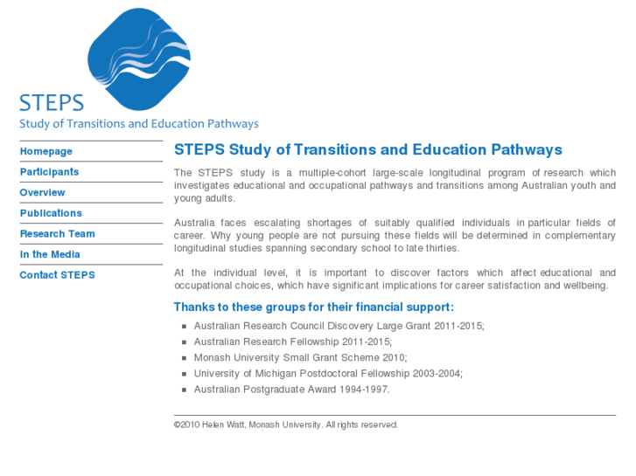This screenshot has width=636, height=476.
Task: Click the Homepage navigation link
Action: (46, 151)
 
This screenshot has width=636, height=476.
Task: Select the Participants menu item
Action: (49, 172)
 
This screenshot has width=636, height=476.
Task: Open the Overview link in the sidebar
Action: (42, 192)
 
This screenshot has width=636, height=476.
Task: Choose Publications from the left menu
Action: (51, 213)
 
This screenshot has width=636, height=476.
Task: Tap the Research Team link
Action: (57, 234)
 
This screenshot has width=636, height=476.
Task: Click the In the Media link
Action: (50, 254)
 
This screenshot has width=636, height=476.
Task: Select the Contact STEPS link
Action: (57, 275)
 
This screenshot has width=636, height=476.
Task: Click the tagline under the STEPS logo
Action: (138, 124)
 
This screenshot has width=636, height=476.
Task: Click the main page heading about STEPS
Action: (367, 149)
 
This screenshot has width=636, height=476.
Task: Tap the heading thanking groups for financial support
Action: (313, 307)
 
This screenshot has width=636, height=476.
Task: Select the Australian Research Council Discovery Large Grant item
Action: (339, 326)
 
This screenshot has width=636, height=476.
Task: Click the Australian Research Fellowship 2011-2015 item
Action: (292, 341)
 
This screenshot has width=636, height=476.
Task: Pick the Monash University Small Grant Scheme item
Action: (300, 357)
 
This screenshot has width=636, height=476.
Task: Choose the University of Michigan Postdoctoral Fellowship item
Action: (328, 374)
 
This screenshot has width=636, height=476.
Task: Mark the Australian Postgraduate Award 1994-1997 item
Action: (291, 390)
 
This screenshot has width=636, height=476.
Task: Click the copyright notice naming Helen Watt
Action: (285, 425)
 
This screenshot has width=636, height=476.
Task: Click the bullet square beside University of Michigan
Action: (185, 374)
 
